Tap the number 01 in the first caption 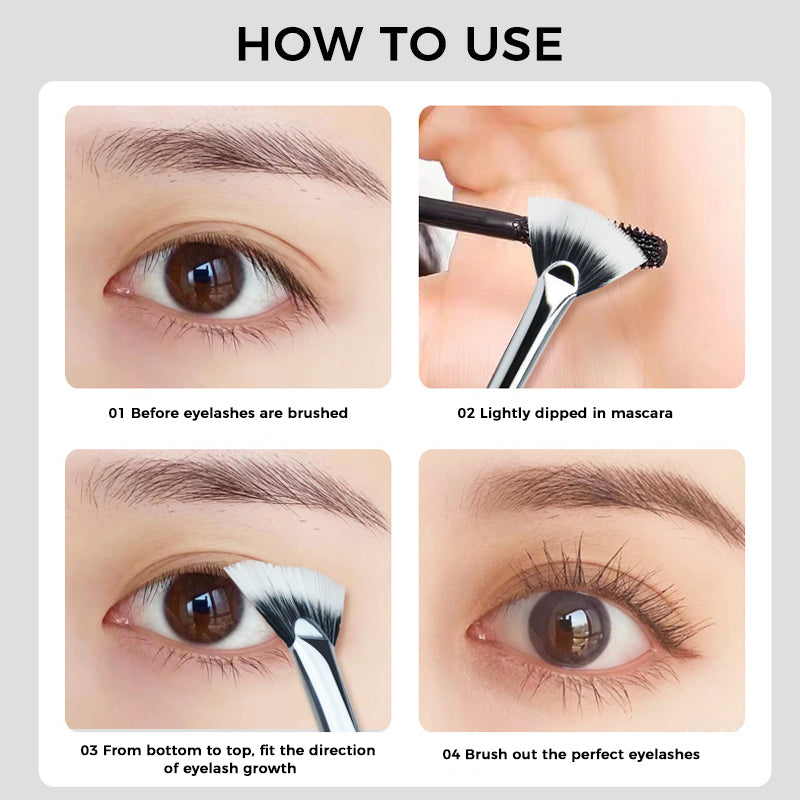pyautogui.click(x=116, y=413)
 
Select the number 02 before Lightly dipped pyautogui.click(x=466, y=413)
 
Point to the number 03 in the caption pyautogui.click(x=89, y=750)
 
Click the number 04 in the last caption pyautogui.click(x=451, y=754)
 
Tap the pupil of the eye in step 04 pyautogui.click(x=571, y=628)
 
